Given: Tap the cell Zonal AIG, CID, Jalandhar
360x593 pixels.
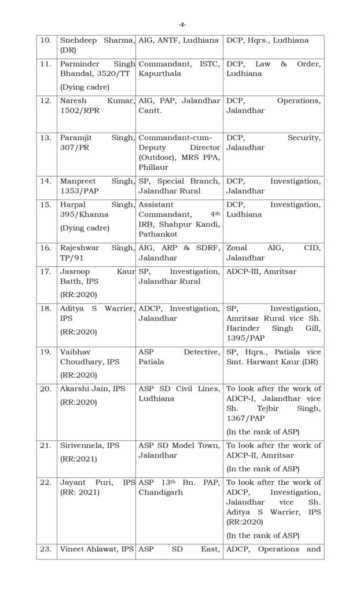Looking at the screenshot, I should pos(273,252).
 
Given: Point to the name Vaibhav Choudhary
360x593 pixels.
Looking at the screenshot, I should pos(90,357).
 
